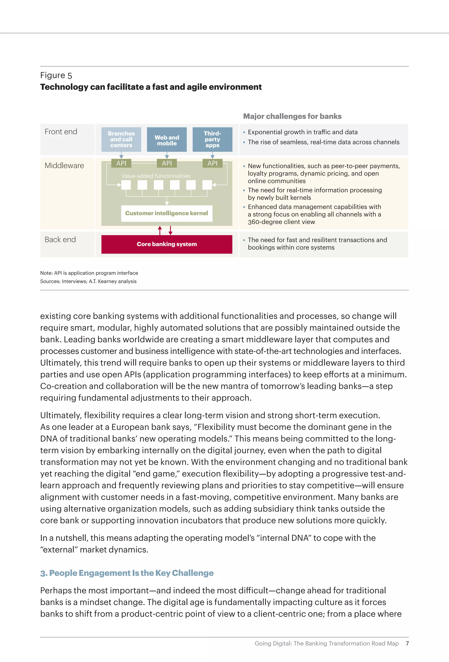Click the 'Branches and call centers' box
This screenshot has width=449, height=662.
pos(121,139)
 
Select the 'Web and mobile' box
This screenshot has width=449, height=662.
pos(167,140)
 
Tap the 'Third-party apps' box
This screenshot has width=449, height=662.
pos(212,139)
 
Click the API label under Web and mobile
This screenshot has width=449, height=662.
pos(167,163)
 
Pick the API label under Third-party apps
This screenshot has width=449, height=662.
pos(212,163)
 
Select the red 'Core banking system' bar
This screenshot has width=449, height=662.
pos(167,244)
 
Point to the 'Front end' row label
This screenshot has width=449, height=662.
pos(61,132)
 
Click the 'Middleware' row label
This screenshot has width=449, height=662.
pos(64,165)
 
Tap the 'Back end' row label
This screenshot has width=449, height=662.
pos(60,240)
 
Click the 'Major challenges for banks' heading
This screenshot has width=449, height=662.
pos(292,116)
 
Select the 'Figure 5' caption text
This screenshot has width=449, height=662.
pos(56,75)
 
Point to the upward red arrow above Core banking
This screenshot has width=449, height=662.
pos(160,230)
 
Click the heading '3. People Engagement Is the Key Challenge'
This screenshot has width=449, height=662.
pos(127,573)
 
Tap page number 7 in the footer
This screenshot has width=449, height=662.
pos(407,643)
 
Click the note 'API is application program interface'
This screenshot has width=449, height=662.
pos(89,273)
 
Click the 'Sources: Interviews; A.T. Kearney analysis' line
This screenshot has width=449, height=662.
pos(88,281)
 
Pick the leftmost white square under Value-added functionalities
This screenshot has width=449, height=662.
pos(126,185)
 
